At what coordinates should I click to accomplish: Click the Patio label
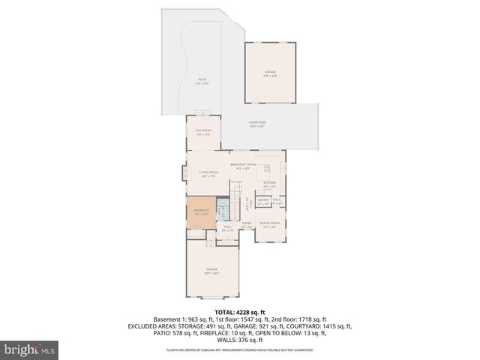coord(202,80)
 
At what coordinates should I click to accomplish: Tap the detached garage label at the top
coord(270,74)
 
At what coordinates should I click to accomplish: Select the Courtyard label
coord(258,124)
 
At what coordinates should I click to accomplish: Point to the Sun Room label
coord(204,133)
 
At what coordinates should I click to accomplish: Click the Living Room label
coord(208,174)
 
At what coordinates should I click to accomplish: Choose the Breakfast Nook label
coord(244,166)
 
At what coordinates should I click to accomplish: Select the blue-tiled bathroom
coord(222,209)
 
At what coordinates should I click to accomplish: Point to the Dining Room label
coord(270,224)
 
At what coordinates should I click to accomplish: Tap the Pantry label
coord(262,201)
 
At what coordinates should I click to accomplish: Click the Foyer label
coord(246,224)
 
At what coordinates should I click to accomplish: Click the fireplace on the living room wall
coord(182,174)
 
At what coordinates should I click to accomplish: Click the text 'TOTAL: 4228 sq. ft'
coord(240,312)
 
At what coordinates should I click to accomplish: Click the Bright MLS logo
coord(30,349)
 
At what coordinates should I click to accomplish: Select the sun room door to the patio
coord(203,114)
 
